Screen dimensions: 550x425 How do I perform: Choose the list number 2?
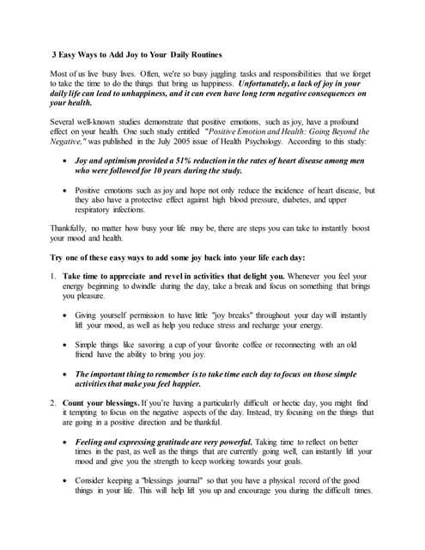pyautogui.click(x=53, y=401)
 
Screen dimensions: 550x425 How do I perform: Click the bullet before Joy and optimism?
pyautogui.click(x=67, y=161)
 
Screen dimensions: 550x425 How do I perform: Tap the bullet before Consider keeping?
pyautogui.click(x=67, y=480)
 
